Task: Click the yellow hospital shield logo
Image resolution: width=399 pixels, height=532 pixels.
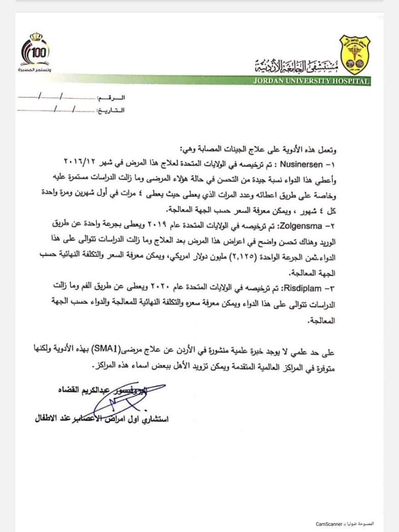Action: pos(354,54)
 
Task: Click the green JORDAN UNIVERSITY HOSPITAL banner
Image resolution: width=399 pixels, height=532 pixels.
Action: pos(311,81)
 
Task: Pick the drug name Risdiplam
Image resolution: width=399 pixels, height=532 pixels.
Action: pos(303,288)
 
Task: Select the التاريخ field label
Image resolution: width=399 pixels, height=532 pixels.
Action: pos(111,111)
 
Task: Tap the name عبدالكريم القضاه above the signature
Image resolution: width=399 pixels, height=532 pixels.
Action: pos(87,390)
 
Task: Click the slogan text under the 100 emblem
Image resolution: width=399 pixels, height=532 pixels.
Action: pos(34,68)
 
